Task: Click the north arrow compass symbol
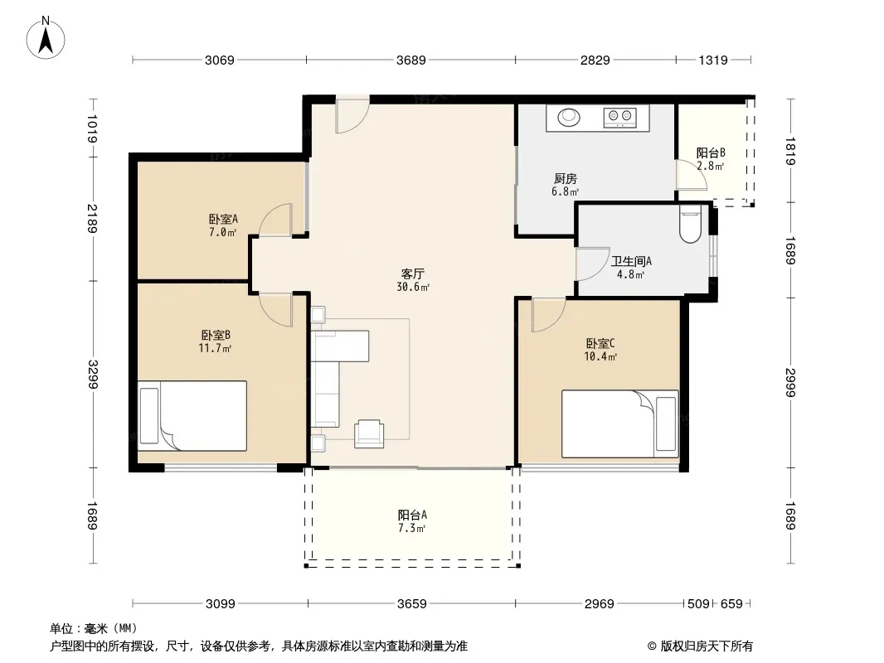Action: [x=46, y=37]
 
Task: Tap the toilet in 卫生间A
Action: [x=690, y=223]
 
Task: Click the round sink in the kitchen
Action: [x=569, y=117]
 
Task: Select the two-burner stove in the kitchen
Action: [x=619, y=117]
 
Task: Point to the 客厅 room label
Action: [x=413, y=273]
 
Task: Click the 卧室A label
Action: [x=223, y=219]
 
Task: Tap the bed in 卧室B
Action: [x=192, y=416]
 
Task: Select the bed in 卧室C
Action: [x=620, y=423]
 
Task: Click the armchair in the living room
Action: [x=369, y=433]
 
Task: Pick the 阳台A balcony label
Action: [x=412, y=515]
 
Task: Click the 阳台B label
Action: [x=711, y=152]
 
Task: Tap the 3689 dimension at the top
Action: [x=411, y=60]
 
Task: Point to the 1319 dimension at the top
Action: [x=713, y=60]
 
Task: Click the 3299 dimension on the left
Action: [x=92, y=374]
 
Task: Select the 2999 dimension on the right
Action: [x=789, y=383]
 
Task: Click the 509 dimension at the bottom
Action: [x=698, y=604]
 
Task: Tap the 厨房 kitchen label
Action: [x=565, y=178]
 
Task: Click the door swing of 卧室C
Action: [x=548, y=315]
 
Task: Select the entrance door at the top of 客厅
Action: [x=352, y=114]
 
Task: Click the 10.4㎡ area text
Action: [x=600, y=356]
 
